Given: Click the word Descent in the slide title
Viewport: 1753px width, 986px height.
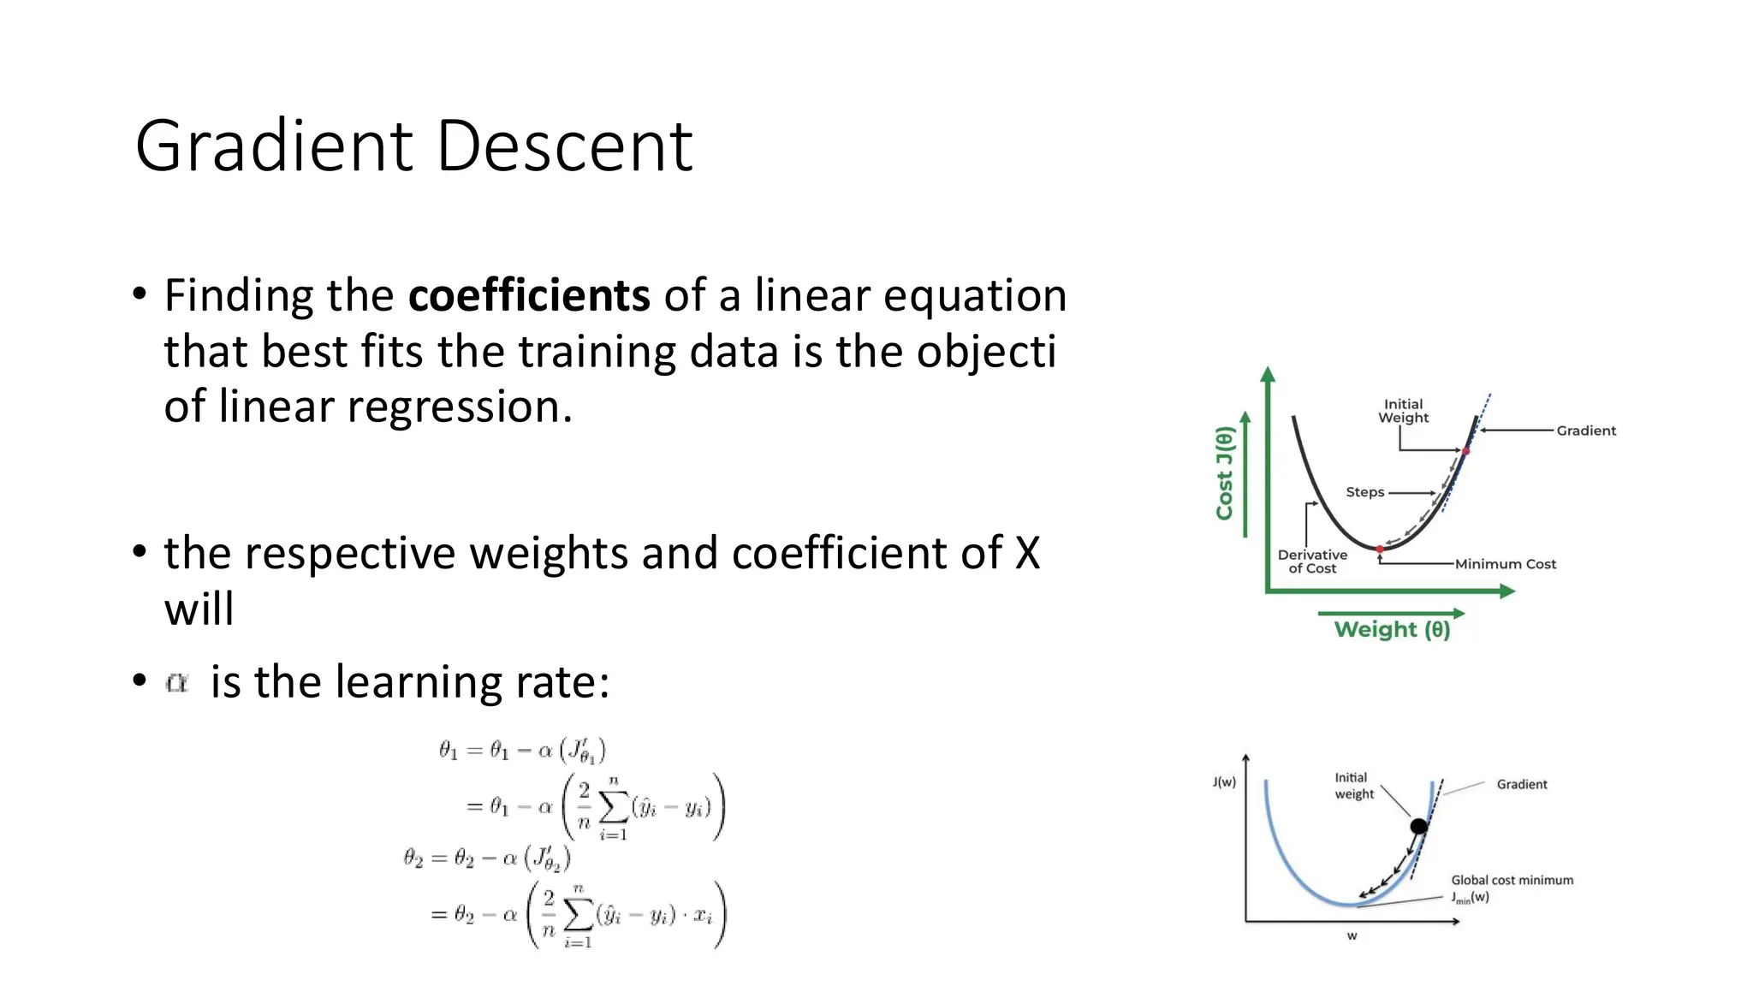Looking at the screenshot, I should (x=565, y=146).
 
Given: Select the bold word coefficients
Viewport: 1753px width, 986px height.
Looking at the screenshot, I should (x=529, y=296).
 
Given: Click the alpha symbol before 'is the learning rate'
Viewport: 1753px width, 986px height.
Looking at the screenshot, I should (x=177, y=683).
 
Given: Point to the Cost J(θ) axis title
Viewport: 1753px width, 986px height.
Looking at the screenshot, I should (x=1225, y=473).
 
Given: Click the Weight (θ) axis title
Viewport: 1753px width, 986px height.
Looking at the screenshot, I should (x=1392, y=630).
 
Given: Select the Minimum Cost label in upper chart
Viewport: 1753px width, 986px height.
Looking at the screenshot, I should (x=1505, y=564).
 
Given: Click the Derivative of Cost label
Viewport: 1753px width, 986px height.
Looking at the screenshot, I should (x=1312, y=561).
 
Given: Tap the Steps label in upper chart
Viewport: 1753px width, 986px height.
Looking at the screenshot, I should (x=1364, y=492).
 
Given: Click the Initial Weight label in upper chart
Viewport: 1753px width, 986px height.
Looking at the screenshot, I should (x=1403, y=411).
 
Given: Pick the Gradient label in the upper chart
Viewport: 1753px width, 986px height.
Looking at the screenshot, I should (x=1585, y=431).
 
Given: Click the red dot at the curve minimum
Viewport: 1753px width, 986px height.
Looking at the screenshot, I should (x=1380, y=549).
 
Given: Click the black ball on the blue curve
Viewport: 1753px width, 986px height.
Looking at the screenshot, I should (x=1418, y=826).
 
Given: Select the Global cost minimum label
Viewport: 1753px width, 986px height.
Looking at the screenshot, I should (x=1512, y=880).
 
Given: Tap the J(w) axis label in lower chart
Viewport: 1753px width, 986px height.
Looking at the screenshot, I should (x=1224, y=781).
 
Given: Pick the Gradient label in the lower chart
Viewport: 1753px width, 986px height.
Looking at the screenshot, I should (x=1521, y=784).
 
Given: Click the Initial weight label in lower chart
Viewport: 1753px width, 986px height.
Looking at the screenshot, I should (x=1354, y=786).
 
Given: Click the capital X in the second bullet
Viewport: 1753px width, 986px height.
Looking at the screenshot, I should (x=1027, y=554).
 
